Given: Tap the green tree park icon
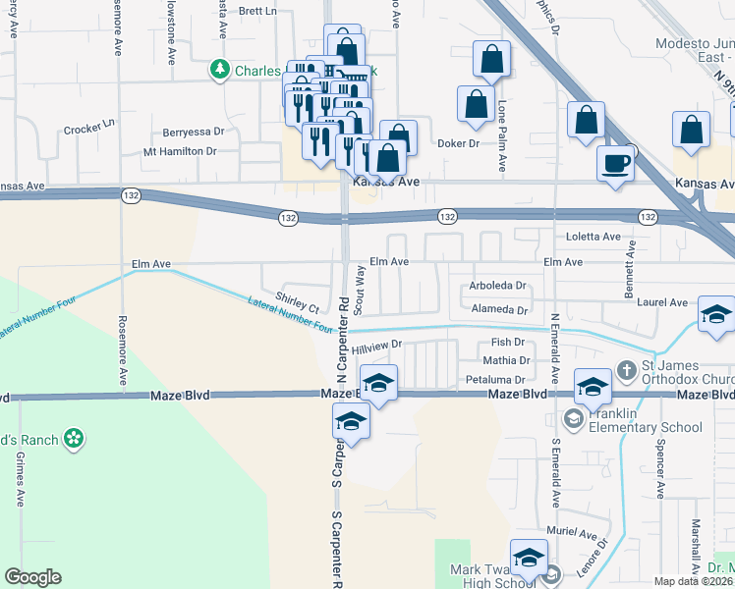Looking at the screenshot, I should [x=219, y=70].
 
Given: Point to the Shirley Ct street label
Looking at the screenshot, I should [x=298, y=302].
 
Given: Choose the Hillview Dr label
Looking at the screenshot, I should [x=378, y=346].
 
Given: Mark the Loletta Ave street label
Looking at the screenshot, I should [x=594, y=237].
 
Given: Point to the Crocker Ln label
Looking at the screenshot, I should [x=89, y=127].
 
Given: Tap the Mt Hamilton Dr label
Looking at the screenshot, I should [x=179, y=151].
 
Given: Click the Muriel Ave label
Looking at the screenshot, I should [x=575, y=536].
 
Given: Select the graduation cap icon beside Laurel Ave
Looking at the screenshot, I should [x=716, y=315].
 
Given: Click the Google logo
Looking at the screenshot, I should [x=32, y=576].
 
